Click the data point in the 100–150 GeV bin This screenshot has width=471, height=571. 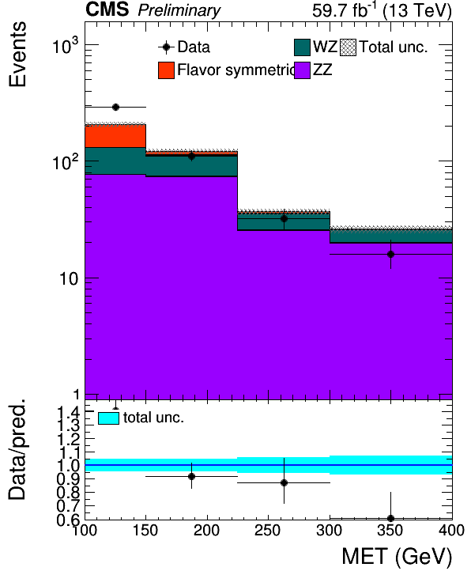[115, 107]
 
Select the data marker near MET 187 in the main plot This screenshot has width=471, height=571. [191, 157]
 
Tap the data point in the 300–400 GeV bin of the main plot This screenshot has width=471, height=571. [390, 254]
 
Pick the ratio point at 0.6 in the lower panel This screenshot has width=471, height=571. [390, 518]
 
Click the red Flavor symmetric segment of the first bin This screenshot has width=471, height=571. [115, 136]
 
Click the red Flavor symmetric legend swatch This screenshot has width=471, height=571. [166, 70]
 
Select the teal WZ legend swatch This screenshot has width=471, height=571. [302, 47]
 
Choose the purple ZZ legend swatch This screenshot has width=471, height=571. [302, 70]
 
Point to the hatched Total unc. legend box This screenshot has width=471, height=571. [348, 47]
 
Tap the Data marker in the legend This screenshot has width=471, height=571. [166, 47]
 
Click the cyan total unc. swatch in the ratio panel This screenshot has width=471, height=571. [108, 418]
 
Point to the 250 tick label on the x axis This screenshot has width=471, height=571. [268, 530]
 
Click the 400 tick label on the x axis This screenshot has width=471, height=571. [451, 530]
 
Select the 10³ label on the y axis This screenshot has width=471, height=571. [65, 46]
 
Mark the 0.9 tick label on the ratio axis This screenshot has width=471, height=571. [68, 479]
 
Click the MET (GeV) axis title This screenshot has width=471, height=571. [397, 557]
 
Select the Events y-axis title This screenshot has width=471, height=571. [17, 54]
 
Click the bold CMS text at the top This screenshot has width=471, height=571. [107, 9]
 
